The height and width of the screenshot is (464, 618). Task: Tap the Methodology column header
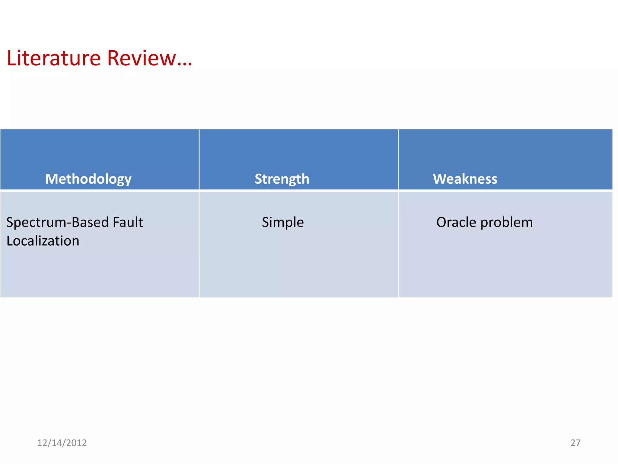click(x=88, y=179)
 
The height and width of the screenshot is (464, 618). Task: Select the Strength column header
click(x=282, y=179)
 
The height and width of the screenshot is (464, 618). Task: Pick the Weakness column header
click(x=465, y=179)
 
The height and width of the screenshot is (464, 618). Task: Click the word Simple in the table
click(x=283, y=222)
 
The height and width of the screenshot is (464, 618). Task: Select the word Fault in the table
click(x=128, y=222)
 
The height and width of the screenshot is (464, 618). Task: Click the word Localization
click(x=43, y=241)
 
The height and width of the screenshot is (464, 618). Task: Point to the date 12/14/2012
click(x=62, y=443)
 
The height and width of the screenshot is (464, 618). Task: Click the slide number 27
click(x=575, y=443)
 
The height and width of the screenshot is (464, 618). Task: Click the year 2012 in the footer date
click(x=76, y=443)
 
